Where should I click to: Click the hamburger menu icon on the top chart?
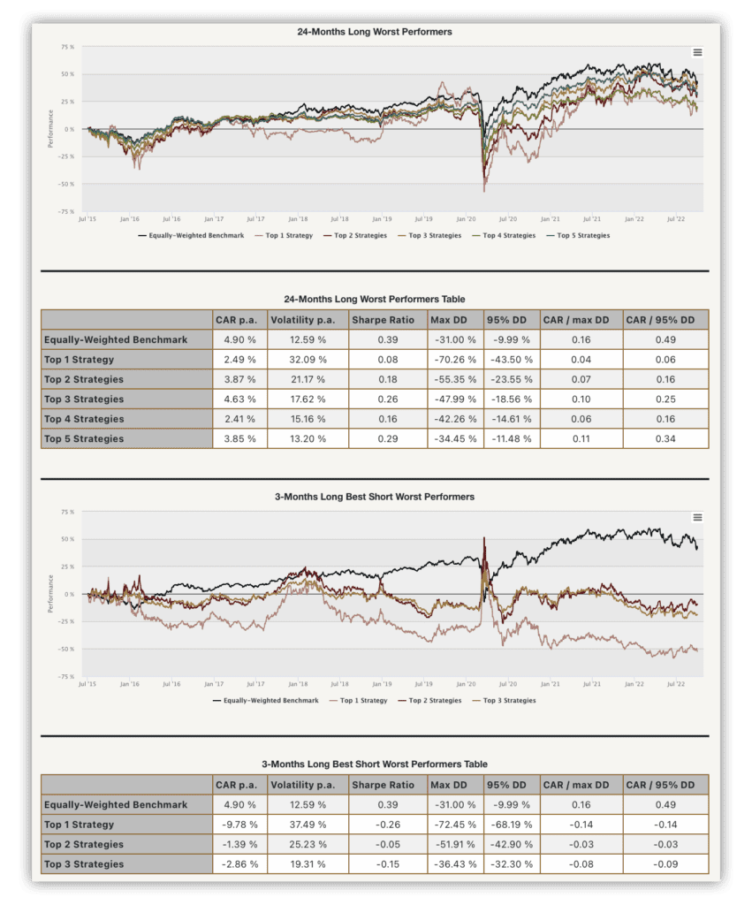click(697, 52)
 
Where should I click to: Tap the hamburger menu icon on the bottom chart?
click(697, 517)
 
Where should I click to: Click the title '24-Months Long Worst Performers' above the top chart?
click(375, 32)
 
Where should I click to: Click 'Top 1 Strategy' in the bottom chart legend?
click(358, 700)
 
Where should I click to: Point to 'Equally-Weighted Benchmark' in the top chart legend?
click(191, 235)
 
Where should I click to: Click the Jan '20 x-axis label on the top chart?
click(466, 219)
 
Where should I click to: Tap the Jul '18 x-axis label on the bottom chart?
click(339, 684)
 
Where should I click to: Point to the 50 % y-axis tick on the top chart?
click(67, 74)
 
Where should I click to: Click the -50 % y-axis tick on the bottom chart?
click(65, 650)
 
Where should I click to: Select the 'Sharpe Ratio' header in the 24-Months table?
click(384, 320)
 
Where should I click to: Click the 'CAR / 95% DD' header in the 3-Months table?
click(660, 785)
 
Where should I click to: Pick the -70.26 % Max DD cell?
click(455, 360)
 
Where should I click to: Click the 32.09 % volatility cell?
click(308, 360)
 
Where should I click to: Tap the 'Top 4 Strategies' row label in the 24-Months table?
click(84, 419)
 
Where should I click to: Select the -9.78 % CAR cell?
click(239, 825)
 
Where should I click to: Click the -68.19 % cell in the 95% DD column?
click(512, 825)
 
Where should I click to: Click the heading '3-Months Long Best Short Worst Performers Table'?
click(375, 764)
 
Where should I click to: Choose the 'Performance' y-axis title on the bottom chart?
click(50, 593)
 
